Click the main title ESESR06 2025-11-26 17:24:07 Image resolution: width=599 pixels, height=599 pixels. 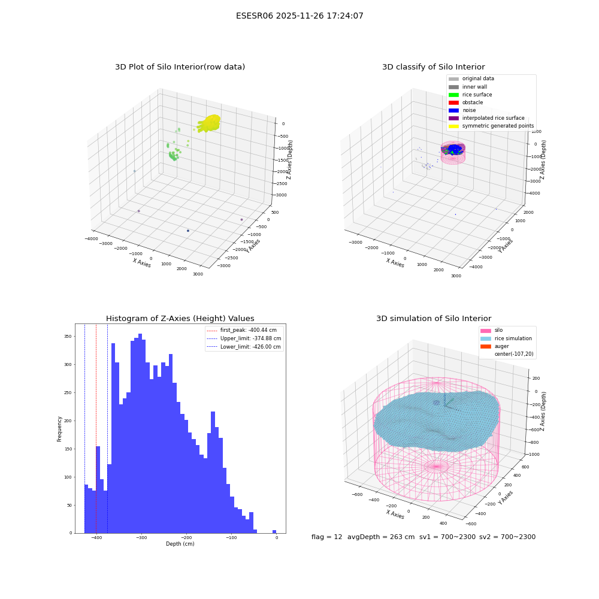[299, 16]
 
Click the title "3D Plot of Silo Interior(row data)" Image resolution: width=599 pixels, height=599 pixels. [180, 67]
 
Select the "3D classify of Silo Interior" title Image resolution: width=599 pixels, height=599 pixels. [434, 67]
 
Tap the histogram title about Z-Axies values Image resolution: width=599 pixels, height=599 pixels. [180, 319]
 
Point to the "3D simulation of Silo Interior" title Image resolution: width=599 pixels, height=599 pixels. [434, 319]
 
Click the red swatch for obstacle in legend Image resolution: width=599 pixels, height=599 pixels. [453, 102]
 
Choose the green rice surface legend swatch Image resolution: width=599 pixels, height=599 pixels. [453, 95]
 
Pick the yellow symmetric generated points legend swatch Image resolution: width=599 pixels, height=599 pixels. [453, 126]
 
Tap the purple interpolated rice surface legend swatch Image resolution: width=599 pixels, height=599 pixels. [453, 119]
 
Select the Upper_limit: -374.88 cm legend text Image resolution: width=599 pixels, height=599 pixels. [250, 338]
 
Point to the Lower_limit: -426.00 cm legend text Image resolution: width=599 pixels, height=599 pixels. [250, 347]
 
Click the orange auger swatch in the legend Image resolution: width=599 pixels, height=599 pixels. [486, 346]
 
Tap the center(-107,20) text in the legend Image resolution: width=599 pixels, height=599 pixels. [514, 354]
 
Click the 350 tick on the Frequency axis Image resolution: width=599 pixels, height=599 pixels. [68, 337]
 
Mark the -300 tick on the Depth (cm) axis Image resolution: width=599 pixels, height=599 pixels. [141, 537]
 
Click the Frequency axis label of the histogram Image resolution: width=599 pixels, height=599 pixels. [59, 429]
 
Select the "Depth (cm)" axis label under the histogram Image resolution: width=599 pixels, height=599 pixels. [180, 544]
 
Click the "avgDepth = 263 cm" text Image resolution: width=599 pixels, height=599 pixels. [381, 537]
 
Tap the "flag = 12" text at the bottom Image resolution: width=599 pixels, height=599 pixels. [326, 537]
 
